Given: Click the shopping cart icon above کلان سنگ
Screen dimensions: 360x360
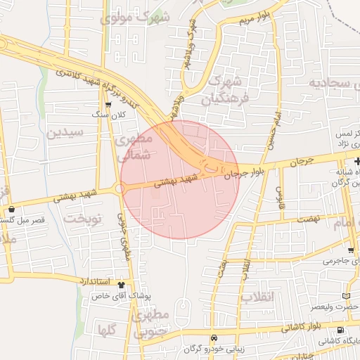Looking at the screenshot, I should [108, 103].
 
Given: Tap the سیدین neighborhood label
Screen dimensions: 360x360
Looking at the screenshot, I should [65, 131].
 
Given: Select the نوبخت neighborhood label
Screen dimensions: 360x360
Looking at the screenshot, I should [83, 219].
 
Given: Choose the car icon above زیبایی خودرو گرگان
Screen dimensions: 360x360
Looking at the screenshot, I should [224, 338].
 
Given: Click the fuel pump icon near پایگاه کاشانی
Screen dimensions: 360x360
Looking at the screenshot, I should [341, 330].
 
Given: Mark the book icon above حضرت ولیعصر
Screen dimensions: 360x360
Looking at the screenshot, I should [344, 295].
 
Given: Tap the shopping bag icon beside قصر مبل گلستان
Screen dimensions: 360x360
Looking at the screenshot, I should [12, 209].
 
